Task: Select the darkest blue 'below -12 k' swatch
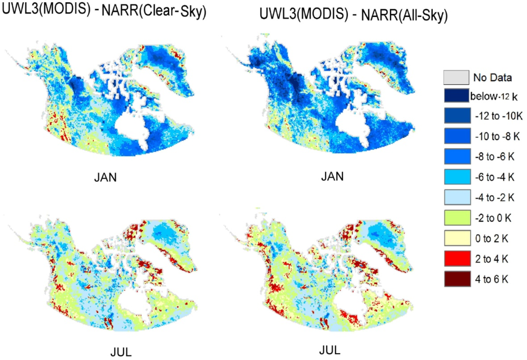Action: point(455,96)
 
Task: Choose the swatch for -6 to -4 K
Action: point(455,173)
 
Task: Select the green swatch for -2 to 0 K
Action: point(455,211)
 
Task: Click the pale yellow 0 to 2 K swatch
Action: point(455,230)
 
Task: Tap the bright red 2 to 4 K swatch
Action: point(455,250)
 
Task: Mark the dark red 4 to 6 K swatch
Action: point(455,269)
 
